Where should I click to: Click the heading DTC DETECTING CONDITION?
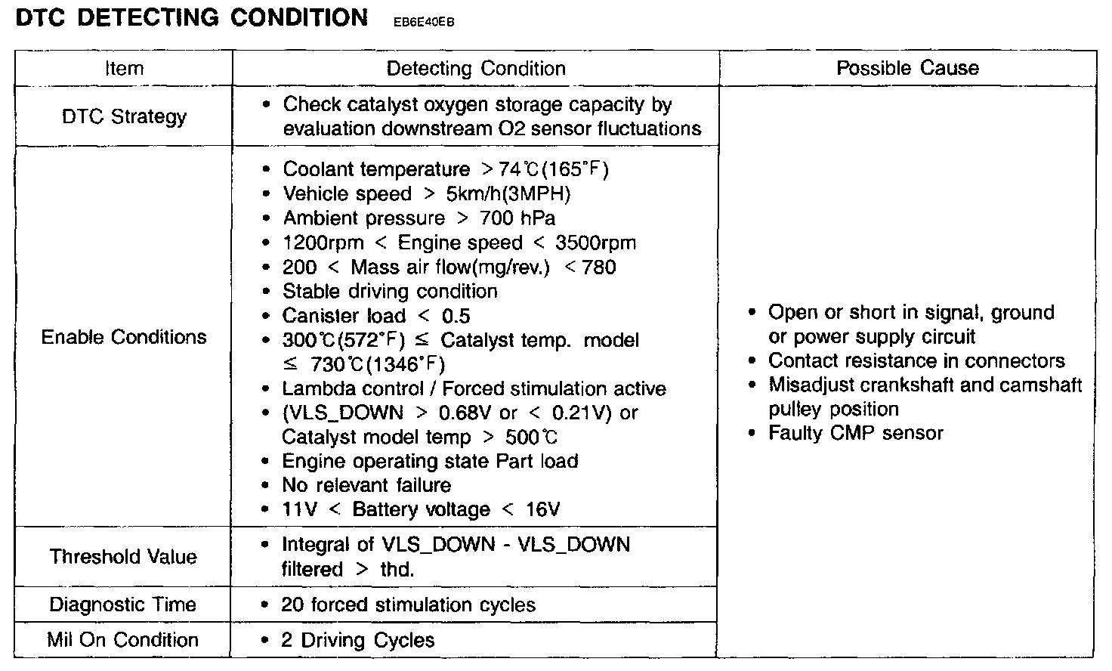coord(192,17)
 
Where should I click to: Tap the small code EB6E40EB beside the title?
coord(424,22)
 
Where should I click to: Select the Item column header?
coord(124,69)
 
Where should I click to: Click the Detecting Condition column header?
coord(476,69)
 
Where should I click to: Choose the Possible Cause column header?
coord(907,68)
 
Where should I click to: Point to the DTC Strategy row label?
coord(124,116)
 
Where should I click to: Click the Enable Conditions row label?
coord(124,337)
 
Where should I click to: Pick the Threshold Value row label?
coord(123,557)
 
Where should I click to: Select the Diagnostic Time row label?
coord(123,605)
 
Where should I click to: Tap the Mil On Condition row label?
coord(123,640)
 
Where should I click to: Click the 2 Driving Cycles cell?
coord(358,641)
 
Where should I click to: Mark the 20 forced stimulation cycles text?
coord(408,605)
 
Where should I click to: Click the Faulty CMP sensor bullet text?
coord(856,434)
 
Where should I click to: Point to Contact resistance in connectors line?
coord(916,361)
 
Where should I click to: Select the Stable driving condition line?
coord(390,292)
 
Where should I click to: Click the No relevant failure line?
coord(366,485)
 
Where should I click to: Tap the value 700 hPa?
coord(517,219)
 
